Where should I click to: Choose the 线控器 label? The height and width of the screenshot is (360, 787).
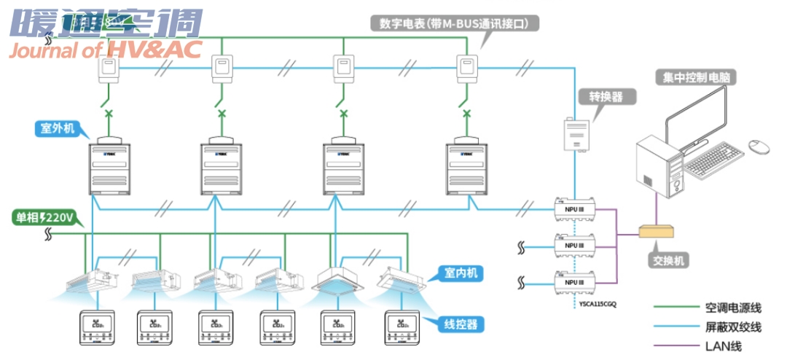(x=461, y=324)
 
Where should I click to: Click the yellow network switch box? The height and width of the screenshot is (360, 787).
(x=657, y=231)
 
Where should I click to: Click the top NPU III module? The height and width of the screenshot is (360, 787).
(x=576, y=208)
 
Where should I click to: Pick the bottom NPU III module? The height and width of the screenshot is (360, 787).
(x=576, y=282)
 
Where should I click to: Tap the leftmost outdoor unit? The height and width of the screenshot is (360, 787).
(x=110, y=168)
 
